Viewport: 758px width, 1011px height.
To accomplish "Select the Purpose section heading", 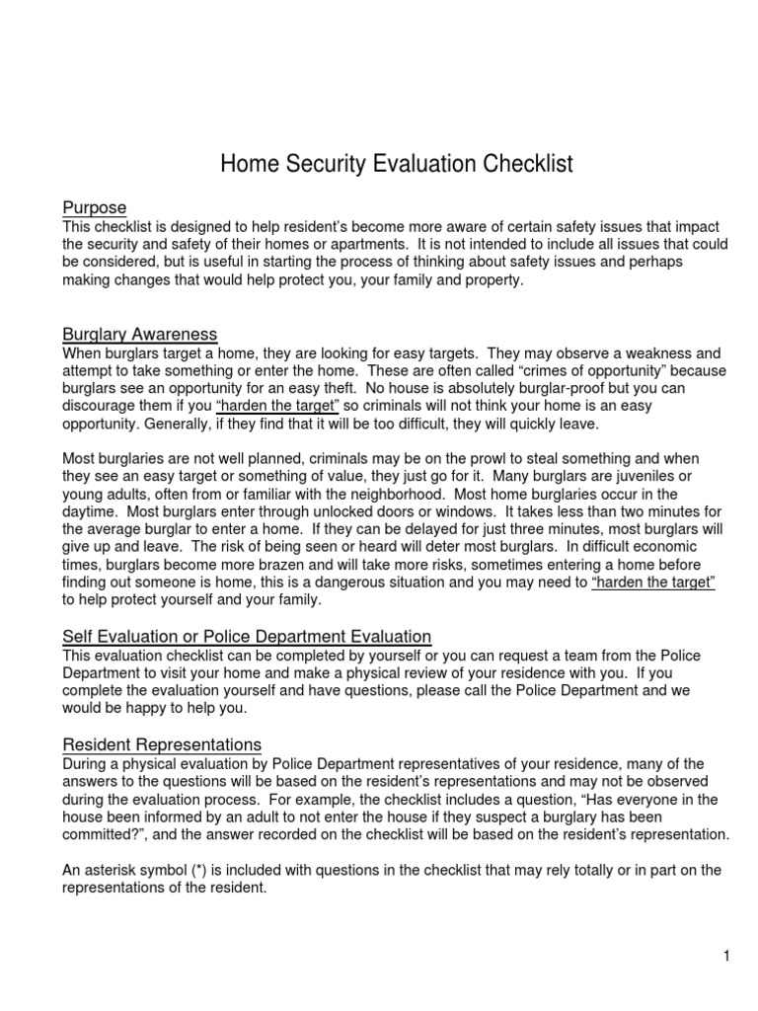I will pyautogui.click(x=95, y=208).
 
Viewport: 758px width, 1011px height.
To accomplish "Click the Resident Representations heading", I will pyautogui.click(x=162, y=743).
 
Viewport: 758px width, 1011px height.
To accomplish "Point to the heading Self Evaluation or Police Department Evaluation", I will pyautogui.click(x=247, y=637).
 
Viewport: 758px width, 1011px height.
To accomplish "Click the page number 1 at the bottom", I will pyautogui.click(x=725, y=956).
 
